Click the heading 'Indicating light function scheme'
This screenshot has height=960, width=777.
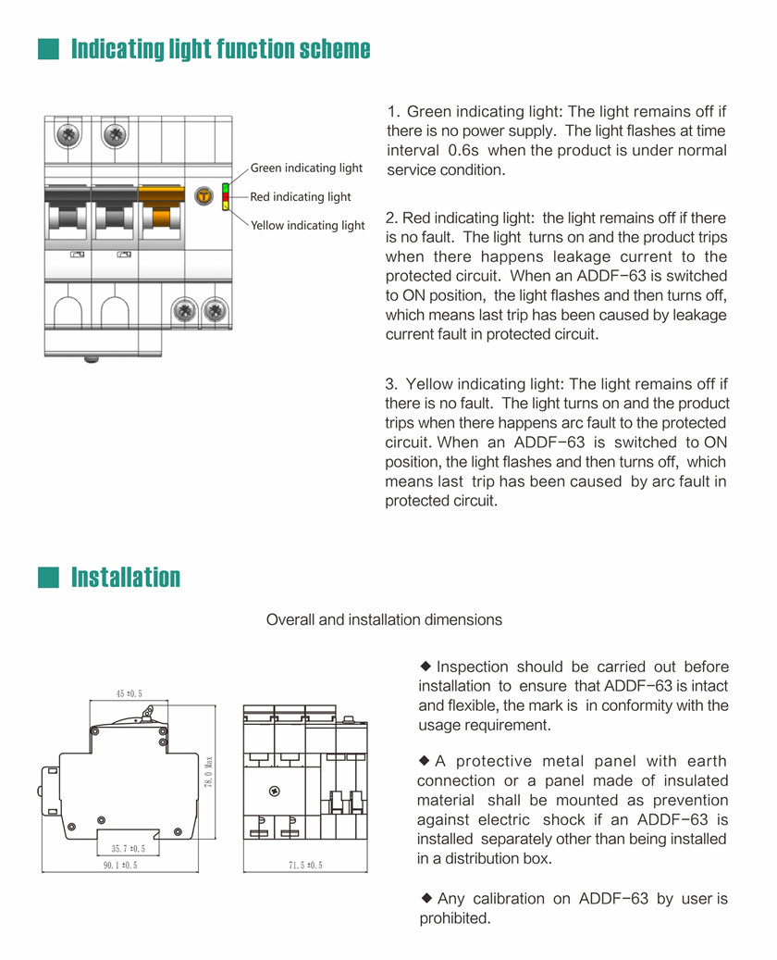221,48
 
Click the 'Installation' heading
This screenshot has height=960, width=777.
126,578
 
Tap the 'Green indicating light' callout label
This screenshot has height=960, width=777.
306,168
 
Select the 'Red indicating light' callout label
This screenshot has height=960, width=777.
301,196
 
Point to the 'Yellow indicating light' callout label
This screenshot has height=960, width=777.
308,225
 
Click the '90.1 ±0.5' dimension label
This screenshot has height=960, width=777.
120,866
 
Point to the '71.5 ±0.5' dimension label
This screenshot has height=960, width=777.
305,866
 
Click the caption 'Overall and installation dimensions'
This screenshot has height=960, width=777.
384,619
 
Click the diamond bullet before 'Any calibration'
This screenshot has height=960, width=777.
426,896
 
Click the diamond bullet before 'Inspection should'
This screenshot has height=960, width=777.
426,666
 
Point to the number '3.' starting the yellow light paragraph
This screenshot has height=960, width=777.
391,383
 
